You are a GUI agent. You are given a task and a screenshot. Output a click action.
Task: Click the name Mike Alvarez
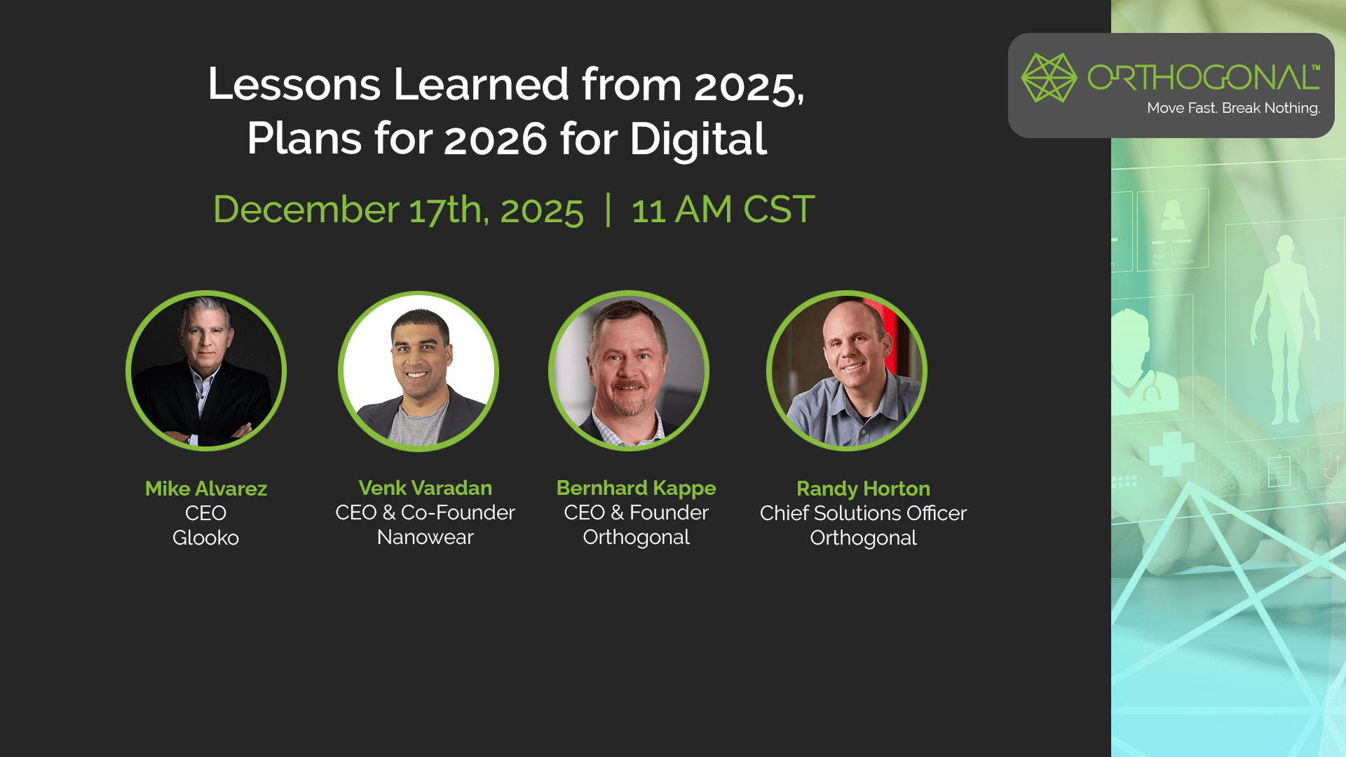click(206, 489)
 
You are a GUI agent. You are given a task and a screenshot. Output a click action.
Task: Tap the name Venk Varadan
click(426, 488)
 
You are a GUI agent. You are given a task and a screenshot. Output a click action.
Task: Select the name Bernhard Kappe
click(637, 489)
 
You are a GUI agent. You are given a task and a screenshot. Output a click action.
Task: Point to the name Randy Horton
click(864, 489)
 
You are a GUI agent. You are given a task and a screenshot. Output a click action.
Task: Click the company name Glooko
click(206, 538)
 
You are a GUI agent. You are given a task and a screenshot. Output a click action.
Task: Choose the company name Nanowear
click(426, 537)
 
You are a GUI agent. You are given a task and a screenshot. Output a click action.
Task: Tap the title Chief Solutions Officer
click(864, 513)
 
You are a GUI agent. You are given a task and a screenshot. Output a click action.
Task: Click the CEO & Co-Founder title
click(426, 512)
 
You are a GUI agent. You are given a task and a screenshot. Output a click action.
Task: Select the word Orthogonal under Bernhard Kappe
click(637, 538)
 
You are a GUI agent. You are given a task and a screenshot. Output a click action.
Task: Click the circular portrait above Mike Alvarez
click(206, 371)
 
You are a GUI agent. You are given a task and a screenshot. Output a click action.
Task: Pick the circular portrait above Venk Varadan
click(419, 371)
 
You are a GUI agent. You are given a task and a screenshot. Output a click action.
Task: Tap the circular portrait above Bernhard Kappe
click(629, 371)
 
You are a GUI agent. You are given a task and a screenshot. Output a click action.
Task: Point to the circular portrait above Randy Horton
click(847, 371)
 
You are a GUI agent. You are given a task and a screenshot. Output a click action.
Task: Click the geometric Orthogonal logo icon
click(1049, 78)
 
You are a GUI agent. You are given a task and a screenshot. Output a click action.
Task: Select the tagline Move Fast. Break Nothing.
click(1234, 108)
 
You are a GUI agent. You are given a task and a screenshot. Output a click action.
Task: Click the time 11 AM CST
click(723, 210)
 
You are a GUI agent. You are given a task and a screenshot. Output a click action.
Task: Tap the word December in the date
click(306, 210)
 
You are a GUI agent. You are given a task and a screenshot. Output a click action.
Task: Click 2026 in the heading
click(496, 138)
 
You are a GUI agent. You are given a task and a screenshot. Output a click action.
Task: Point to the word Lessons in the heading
click(294, 84)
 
